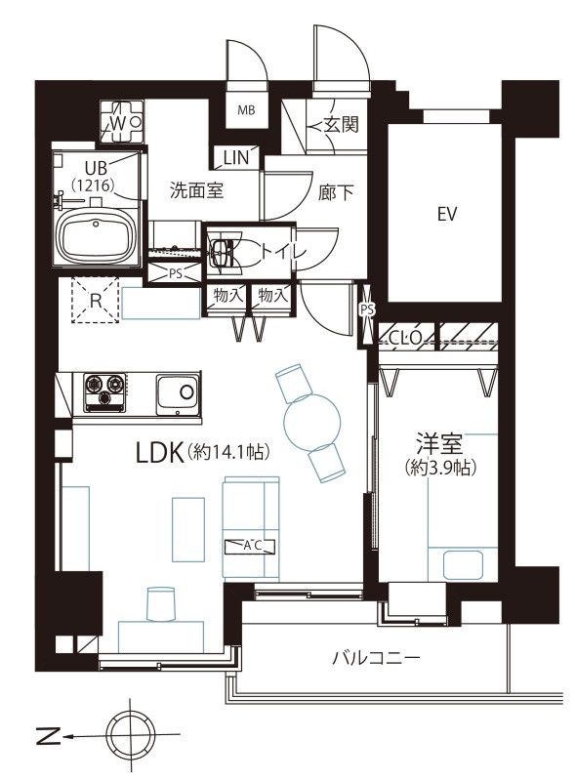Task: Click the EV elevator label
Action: (447, 214)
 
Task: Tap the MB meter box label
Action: (246, 110)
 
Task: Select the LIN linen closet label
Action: (235, 158)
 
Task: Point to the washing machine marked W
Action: (122, 121)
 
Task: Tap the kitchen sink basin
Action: (178, 394)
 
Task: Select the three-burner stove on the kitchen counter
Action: (104, 392)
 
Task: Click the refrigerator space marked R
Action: (95, 301)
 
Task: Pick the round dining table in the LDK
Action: (312, 424)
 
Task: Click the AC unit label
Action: (250, 547)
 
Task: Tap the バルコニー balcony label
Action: (376, 658)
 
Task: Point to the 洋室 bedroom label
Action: (440, 443)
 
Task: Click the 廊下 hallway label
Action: (336, 191)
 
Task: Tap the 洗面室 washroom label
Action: (196, 190)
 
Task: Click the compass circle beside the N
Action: (131, 735)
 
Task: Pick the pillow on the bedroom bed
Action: (464, 565)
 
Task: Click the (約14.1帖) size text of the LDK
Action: (229, 452)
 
